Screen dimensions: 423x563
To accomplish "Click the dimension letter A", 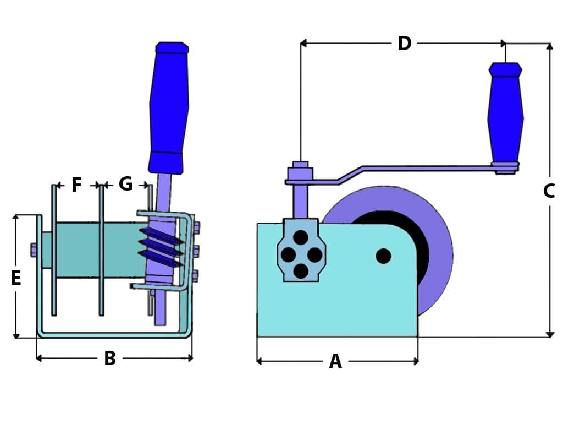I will (x=335, y=362).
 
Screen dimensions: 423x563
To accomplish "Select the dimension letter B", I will (x=110, y=359).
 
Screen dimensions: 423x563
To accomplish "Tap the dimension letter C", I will (x=549, y=191).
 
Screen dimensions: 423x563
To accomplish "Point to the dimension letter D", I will (x=405, y=44).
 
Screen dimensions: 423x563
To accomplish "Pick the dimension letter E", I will (x=16, y=279).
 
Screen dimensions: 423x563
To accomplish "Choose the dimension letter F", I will (x=77, y=185).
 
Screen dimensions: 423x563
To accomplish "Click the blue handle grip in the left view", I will (x=169, y=107).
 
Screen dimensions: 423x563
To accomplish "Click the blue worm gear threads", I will (x=161, y=245).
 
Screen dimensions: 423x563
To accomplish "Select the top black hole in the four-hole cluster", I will (x=301, y=237).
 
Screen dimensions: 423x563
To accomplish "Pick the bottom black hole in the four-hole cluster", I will (x=301, y=271).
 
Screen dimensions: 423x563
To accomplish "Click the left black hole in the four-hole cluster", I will (x=288, y=254).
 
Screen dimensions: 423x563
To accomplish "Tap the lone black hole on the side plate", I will (x=383, y=256).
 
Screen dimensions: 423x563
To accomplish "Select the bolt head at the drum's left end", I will (x=34, y=250).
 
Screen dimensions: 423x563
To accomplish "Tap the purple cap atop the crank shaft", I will (x=300, y=165).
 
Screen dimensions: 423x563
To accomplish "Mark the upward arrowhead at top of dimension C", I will (x=549, y=47).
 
